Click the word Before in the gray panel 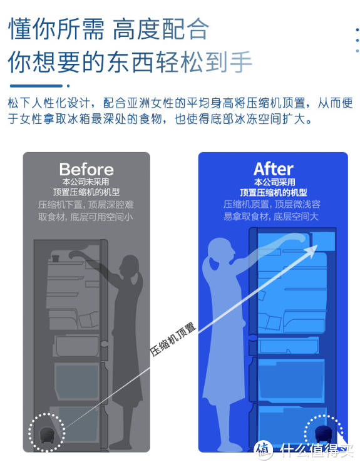pos(86,170)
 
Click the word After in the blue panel pos(274,169)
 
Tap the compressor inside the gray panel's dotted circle pos(46,434)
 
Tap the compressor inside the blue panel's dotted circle pos(324,433)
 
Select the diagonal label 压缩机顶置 pos(173,339)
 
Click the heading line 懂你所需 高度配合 pos(108,29)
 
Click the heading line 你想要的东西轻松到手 pos(130,62)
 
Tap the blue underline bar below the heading pos(36,86)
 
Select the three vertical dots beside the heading pos(357,40)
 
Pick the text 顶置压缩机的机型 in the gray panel pos(86,192)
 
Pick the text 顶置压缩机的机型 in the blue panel pos(274,192)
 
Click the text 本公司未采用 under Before pos(86,182)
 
